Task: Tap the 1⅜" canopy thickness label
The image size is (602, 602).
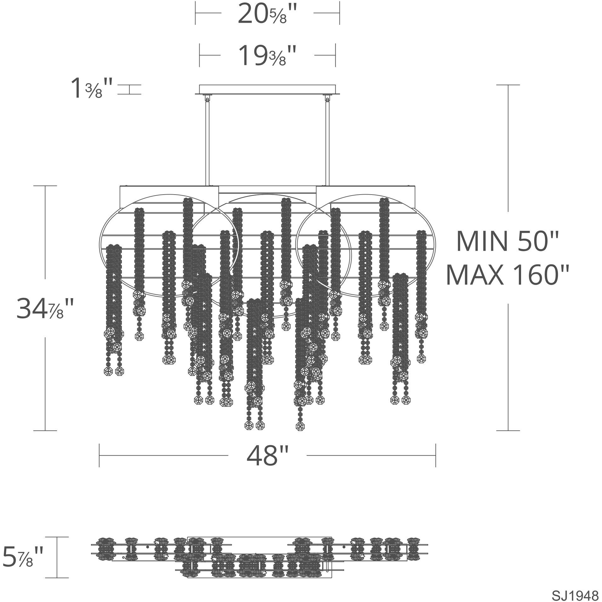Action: (x=92, y=88)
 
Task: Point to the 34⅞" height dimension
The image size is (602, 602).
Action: (x=45, y=309)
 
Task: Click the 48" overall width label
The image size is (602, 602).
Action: (x=267, y=456)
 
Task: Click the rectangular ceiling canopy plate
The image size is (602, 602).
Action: (x=267, y=89)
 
